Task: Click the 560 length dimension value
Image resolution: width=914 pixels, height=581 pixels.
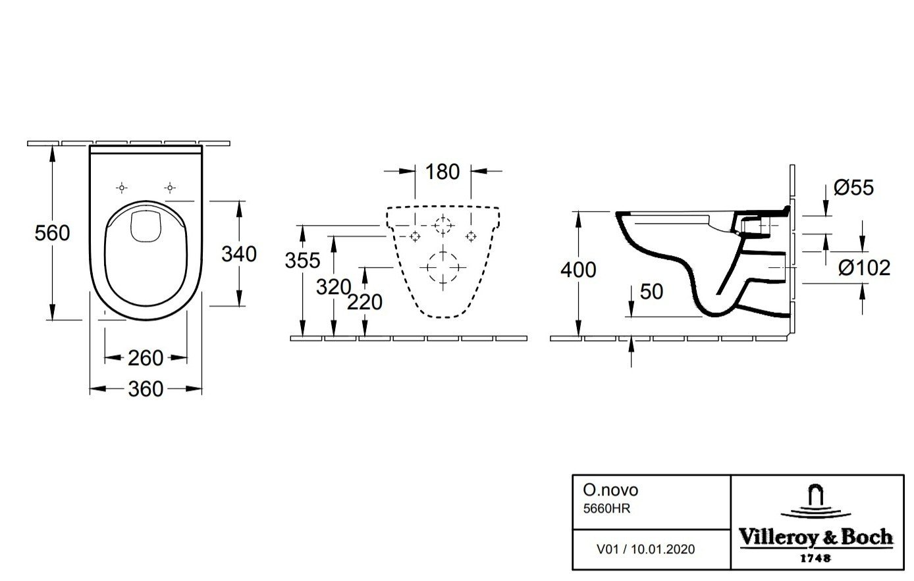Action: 52,233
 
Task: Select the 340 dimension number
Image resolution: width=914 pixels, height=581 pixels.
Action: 239,254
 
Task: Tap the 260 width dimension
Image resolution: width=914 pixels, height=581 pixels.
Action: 146,359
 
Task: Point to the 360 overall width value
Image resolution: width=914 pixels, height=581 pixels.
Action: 146,390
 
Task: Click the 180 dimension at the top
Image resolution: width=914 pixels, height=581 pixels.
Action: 443,172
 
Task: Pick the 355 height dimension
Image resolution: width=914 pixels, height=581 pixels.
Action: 302,261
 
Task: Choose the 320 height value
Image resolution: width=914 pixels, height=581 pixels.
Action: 334,287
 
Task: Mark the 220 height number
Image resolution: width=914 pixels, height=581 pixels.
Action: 365,302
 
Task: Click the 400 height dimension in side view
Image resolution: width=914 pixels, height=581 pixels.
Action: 578,270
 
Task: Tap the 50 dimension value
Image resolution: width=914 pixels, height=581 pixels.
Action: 652,292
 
